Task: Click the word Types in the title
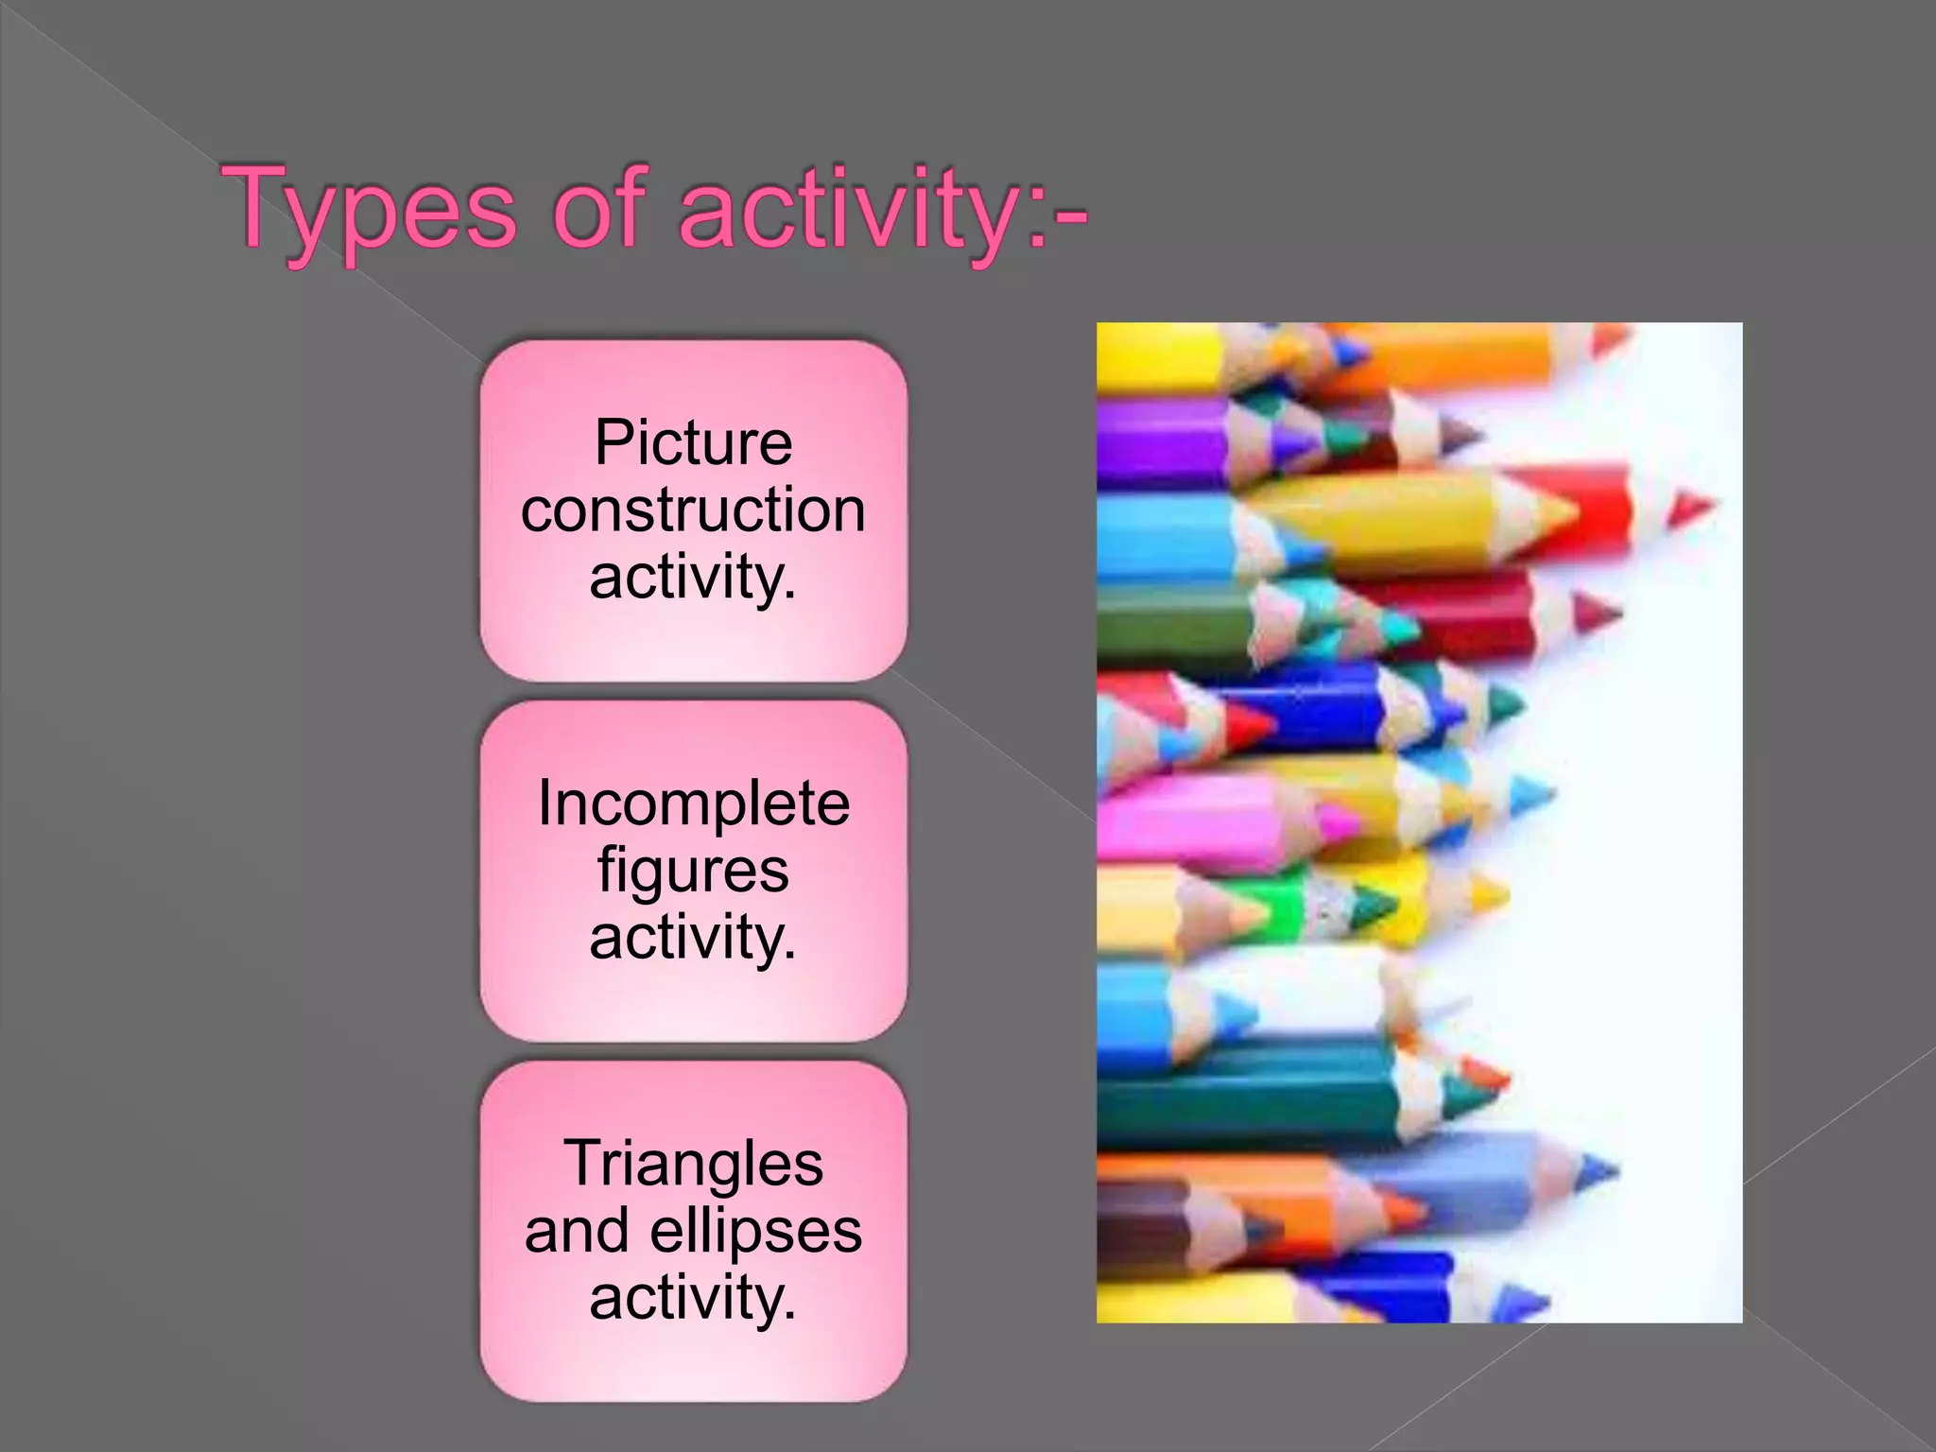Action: pos(370,210)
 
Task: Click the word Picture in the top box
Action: pos(693,442)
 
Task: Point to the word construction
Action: pos(693,510)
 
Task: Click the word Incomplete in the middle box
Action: pos(693,804)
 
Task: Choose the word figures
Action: pos(693,872)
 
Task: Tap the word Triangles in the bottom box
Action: pos(693,1163)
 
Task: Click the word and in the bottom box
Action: pos(577,1230)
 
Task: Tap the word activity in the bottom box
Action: pos(693,1297)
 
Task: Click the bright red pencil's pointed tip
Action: pos(1691,508)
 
